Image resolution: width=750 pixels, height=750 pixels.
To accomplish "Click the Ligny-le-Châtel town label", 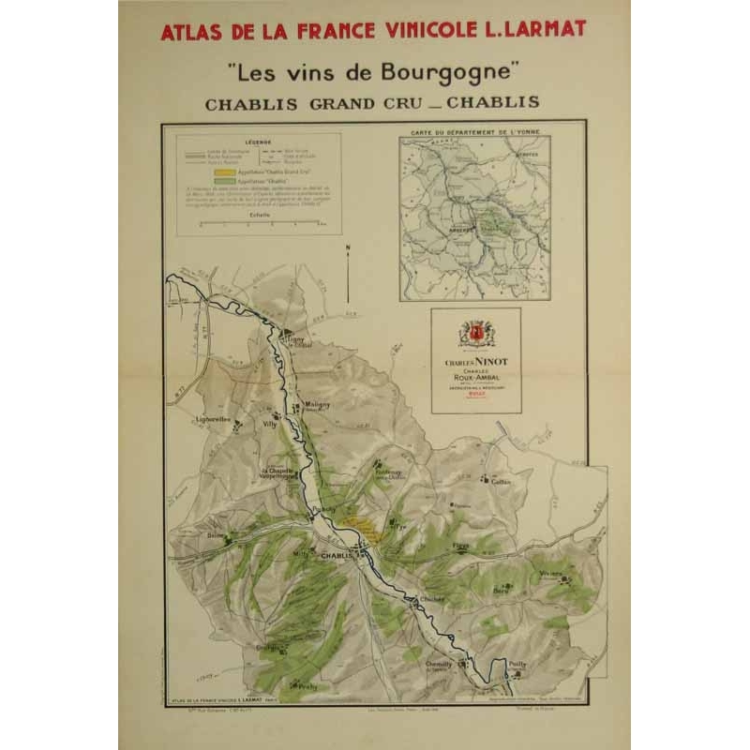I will tap(297, 342).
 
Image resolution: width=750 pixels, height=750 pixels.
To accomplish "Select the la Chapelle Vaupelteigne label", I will tap(277, 473).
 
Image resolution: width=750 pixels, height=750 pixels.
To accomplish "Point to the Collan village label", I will tap(501, 481).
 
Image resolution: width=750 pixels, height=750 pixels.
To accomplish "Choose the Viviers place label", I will tap(550, 573).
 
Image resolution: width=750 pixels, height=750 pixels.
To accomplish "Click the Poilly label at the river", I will tap(517, 661).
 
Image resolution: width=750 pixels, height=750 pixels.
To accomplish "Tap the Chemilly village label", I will tap(440, 664).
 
